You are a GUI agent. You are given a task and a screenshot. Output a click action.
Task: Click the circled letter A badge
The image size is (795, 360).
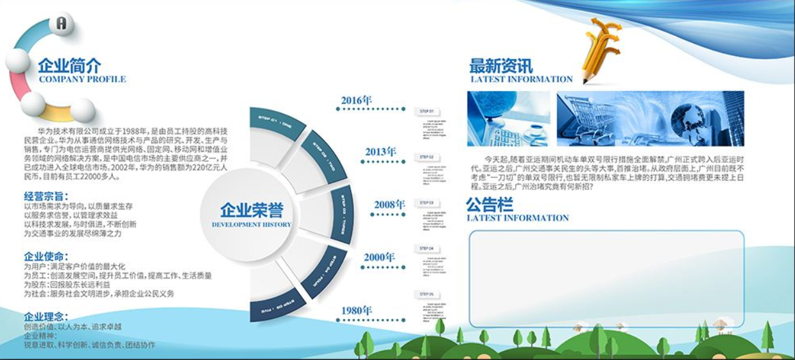click(x=62, y=24)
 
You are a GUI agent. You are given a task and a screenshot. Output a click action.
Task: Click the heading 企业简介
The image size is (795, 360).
click(x=69, y=65)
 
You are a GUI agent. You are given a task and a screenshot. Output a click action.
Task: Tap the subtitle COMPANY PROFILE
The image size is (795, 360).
click(x=82, y=80)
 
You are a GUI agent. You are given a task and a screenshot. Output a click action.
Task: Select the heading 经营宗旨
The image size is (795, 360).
click(x=46, y=196)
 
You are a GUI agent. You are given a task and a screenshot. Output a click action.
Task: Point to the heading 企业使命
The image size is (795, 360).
click(x=46, y=256)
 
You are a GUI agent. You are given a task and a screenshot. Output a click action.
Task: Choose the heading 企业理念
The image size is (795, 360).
click(x=46, y=316)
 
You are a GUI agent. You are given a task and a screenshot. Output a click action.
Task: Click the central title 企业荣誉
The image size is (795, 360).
click(x=252, y=210)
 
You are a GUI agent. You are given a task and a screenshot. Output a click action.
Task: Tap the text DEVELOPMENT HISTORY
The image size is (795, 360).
click(x=252, y=225)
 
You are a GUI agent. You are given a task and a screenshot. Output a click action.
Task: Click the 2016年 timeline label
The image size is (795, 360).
click(x=356, y=100)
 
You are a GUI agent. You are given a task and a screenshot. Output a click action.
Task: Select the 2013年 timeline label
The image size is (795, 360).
click(x=380, y=152)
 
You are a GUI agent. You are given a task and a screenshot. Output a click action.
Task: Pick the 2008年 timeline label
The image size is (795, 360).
click(x=389, y=205)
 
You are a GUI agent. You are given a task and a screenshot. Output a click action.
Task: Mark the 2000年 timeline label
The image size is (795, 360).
click(x=379, y=257)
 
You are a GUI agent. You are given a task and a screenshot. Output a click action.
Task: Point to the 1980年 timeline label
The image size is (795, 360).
click(x=356, y=311)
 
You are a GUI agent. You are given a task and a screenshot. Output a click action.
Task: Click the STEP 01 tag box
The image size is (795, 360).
click(x=427, y=112)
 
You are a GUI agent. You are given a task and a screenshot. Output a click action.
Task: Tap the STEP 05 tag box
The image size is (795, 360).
click(x=427, y=295)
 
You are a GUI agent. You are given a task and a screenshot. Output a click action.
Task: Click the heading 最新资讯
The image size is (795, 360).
click(x=500, y=65)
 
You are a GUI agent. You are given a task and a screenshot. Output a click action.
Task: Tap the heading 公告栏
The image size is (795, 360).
click(x=490, y=205)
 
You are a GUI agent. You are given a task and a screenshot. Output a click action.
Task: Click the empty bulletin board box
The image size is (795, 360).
click(x=606, y=278)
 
